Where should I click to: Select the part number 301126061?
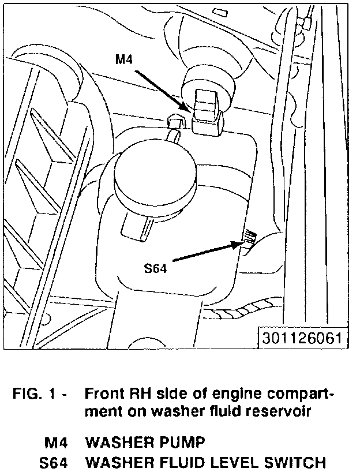[x=303, y=338]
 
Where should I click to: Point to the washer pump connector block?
[x=208, y=113]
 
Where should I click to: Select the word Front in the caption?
[x=104, y=395]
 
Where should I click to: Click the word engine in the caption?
[x=228, y=395]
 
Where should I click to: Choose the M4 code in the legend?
[x=57, y=443]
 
